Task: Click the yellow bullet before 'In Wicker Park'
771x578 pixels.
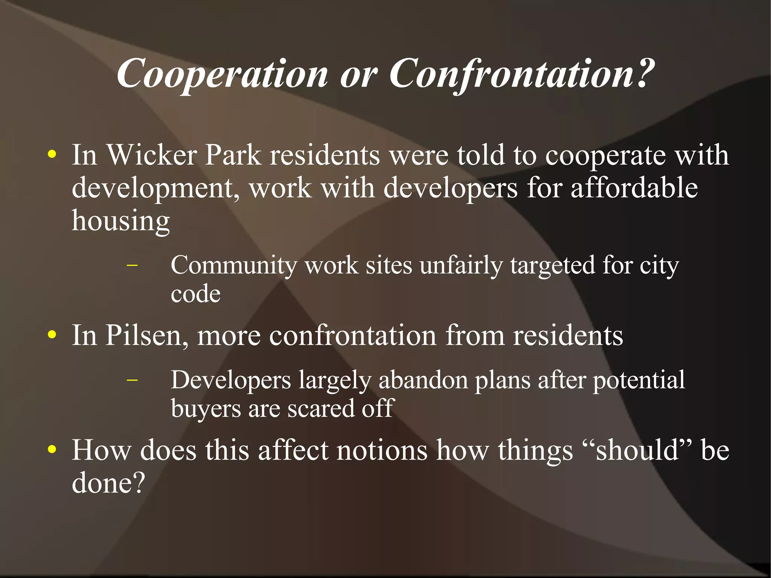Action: click(x=52, y=155)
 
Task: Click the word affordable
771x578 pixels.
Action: click(x=634, y=188)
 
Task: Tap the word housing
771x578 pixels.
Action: click(x=120, y=221)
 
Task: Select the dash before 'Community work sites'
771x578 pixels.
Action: click(x=132, y=265)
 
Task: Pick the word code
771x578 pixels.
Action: click(x=195, y=294)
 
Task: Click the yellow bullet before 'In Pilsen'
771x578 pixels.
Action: click(x=52, y=335)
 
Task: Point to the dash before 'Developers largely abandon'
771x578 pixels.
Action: click(x=132, y=380)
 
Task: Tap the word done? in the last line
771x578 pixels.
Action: click(x=108, y=483)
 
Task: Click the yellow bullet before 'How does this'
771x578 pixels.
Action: click(x=52, y=450)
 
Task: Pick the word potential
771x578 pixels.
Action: click(x=639, y=380)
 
